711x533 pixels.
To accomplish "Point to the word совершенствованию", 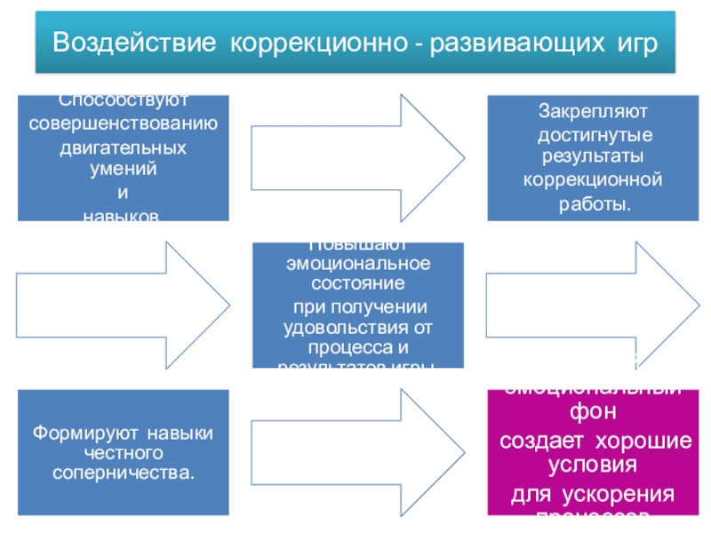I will pos(124,124).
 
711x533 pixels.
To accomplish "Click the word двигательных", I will pos(124,148).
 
